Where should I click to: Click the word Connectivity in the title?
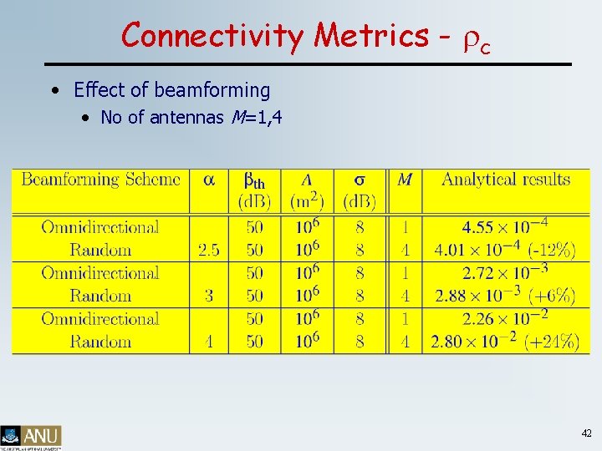point(214,36)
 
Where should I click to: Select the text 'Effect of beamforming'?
point(171,89)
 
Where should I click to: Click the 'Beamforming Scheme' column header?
point(100,179)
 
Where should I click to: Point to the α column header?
point(208,180)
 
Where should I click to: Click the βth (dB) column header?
point(254,190)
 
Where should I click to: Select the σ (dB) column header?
point(360,190)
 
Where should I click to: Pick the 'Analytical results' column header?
point(505,179)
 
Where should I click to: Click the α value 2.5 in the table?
point(208,250)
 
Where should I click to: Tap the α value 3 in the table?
point(208,296)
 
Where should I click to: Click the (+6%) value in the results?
point(553,296)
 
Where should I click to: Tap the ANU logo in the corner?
point(31,436)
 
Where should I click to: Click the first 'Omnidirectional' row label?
point(99,227)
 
